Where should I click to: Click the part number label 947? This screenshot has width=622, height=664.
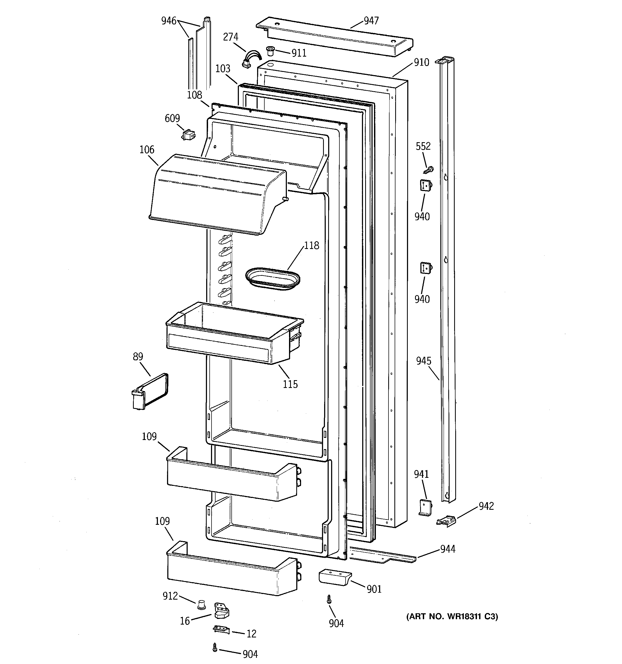pos(371,21)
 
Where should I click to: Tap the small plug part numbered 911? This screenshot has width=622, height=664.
pos(270,51)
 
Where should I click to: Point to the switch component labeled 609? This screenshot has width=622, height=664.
pos(188,135)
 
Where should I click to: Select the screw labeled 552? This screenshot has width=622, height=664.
pos(428,170)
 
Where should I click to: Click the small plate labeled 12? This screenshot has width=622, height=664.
pos(221,630)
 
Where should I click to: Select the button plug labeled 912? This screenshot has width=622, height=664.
pos(201,604)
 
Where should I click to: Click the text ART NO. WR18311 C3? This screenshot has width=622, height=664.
pos(452,617)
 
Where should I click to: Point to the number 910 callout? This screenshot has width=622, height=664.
pos(421,63)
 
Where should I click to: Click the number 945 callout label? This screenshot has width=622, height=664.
pos(423,361)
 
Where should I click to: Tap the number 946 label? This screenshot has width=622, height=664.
pos(169,21)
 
